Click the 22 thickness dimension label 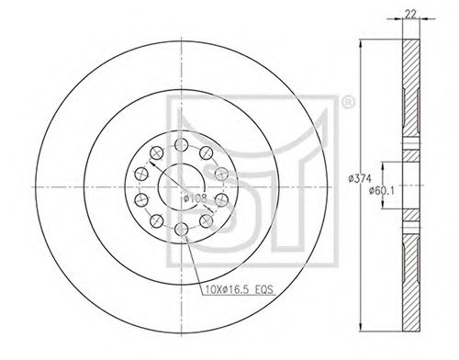(x=410, y=14)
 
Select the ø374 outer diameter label (x=360, y=178)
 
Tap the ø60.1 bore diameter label (x=382, y=190)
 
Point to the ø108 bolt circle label (x=196, y=198)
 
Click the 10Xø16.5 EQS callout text (x=239, y=289)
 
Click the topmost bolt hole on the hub (x=182, y=144)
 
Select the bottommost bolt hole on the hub (x=182, y=229)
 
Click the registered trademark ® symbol (x=348, y=103)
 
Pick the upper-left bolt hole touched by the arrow (x=157, y=152)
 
